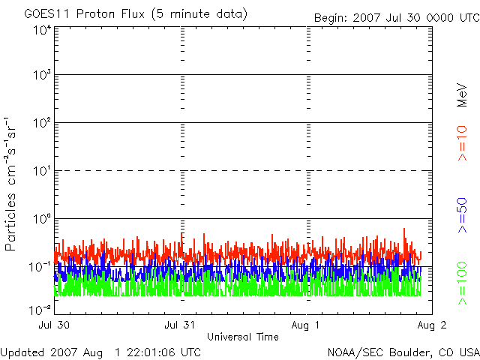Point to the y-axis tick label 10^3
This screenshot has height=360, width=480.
[x=41, y=75]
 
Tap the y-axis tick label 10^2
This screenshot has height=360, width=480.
[x=41, y=123]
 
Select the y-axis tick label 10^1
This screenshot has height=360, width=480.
[x=41, y=171]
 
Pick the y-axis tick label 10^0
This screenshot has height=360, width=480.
[x=41, y=219]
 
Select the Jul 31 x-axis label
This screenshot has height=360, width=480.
[x=179, y=325]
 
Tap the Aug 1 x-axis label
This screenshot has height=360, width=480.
[x=306, y=325]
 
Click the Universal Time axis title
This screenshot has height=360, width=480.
[x=242, y=337]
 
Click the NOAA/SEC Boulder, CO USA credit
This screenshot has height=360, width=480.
[x=403, y=352]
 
